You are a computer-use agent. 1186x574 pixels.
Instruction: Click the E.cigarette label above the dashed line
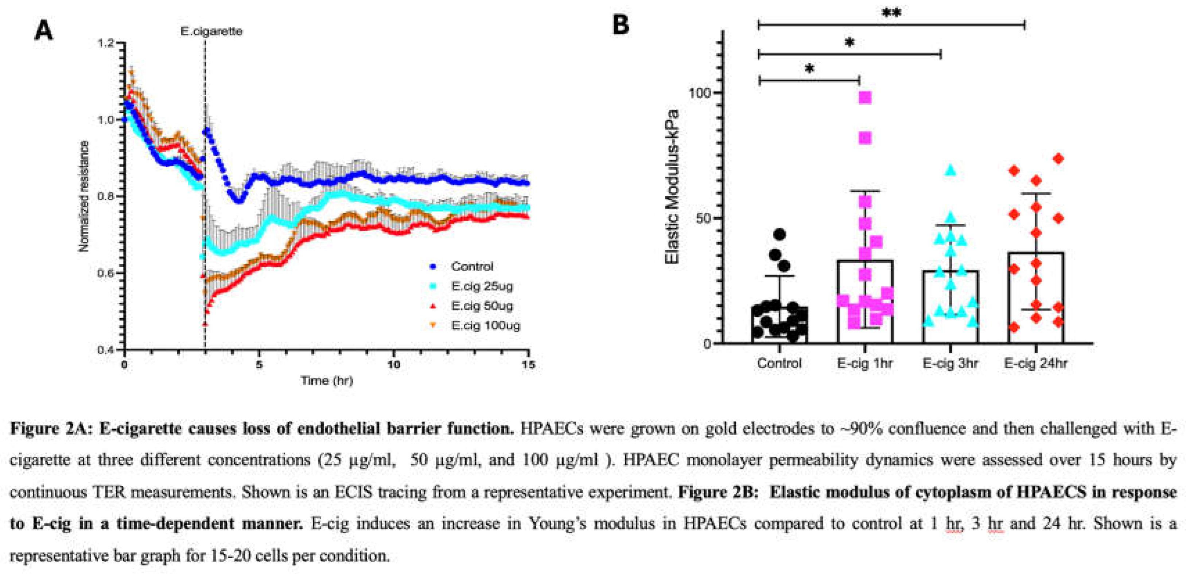pyautogui.click(x=211, y=31)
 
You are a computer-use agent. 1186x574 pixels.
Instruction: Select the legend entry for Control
pyautogui.click(x=471, y=266)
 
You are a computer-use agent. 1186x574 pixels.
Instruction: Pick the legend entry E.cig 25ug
pyautogui.click(x=482, y=286)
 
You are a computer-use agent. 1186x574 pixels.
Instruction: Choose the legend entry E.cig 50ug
pyautogui.click(x=482, y=306)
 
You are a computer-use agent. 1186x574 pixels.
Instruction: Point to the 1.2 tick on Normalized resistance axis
pyautogui.click(x=105, y=43)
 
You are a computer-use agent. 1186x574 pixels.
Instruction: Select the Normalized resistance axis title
pyautogui.click(x=83, y=196)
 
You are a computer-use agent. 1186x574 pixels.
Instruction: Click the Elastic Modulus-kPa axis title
pyautogui.click(x=673, y=186)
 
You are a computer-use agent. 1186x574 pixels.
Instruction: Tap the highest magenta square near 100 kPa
pyautogui.click(x=865, y=98)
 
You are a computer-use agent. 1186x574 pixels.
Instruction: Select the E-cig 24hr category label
pyautogui.click(x=1035, y=363)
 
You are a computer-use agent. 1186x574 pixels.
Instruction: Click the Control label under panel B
pyautogui.click(x=779, y=363)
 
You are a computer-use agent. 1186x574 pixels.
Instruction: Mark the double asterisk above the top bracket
pyautogui.click(x=891, y=12)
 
